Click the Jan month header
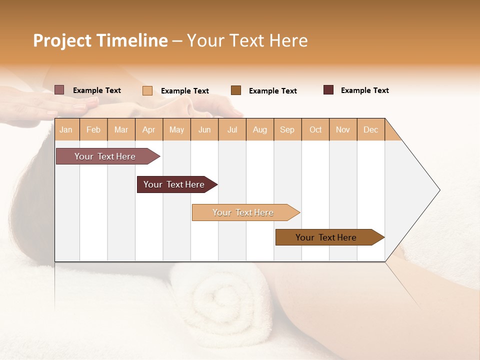tap(66, 129)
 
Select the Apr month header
tap(148, 129)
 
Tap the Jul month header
tap(232, 129)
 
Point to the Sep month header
tap(287, 129)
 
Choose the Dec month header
tap(370, 129)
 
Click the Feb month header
tap(93, 129)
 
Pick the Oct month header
tap(315, 129)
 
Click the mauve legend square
tap(59, 90)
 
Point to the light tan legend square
tap(147, 90)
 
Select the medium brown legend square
tap(236, 90)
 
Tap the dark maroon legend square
tap(328, 90)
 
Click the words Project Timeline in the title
tap(100, 40)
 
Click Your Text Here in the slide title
tap(247, 40)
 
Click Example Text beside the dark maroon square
tap(364, 90)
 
